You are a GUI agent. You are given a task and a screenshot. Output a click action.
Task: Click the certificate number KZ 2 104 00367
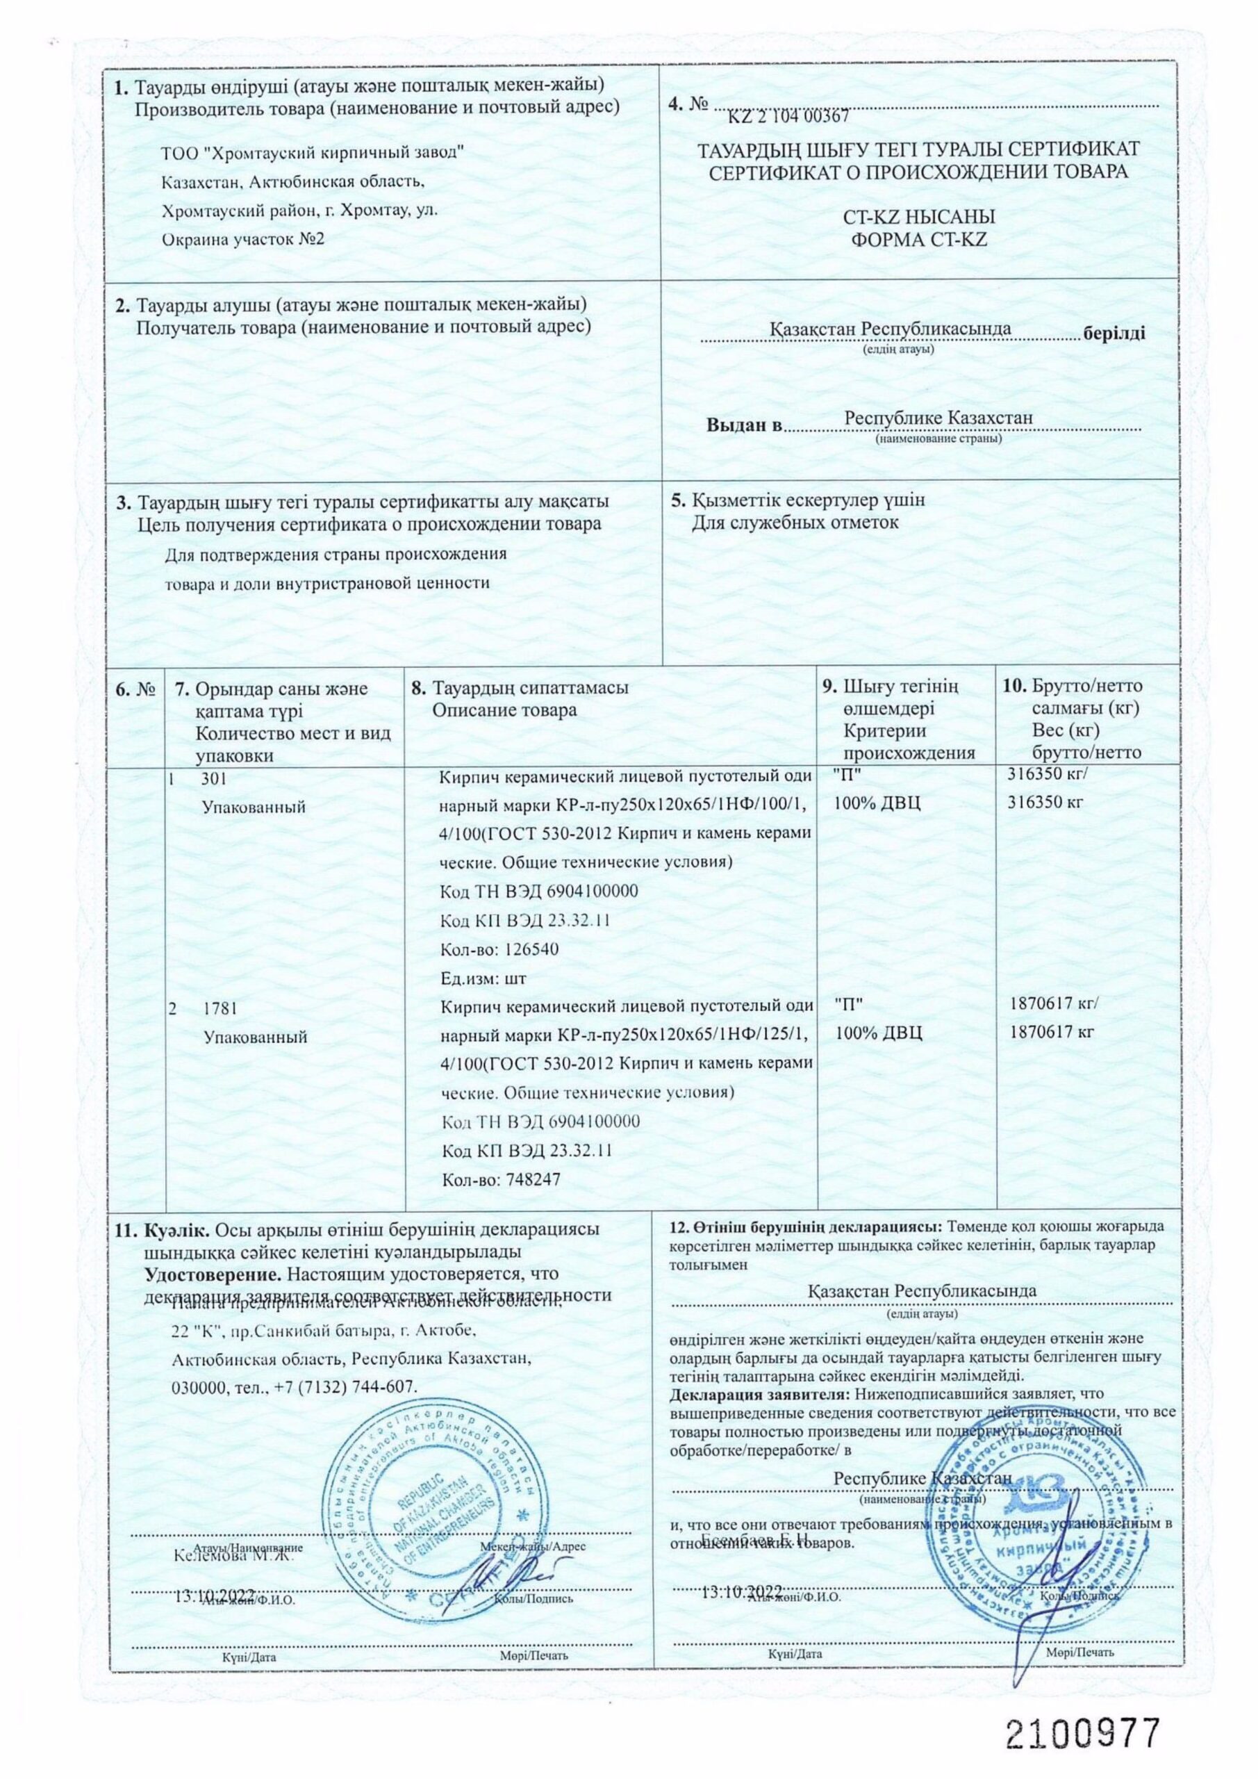(x=789, y=116)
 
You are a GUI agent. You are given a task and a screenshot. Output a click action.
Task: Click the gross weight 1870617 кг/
(x=1054, y=1003)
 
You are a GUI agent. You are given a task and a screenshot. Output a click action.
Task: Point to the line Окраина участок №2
(x=243, y=238)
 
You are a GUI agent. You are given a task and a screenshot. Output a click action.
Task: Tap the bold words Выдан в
(x=745, y=425)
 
